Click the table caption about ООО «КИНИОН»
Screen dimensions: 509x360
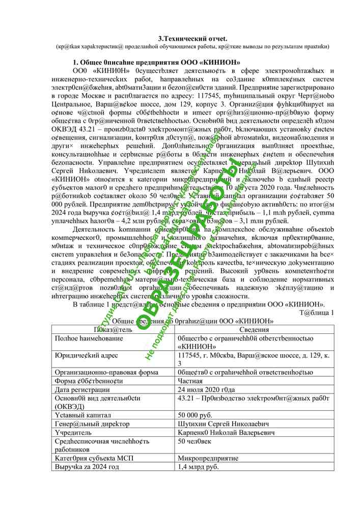(185, 321)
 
